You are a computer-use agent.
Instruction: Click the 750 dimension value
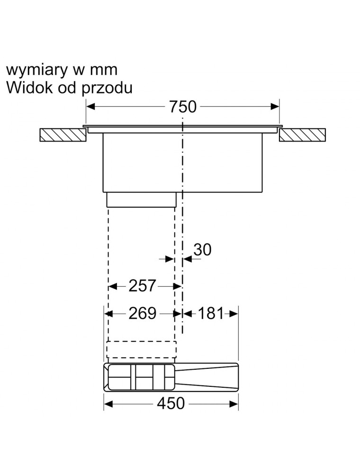(182, 107)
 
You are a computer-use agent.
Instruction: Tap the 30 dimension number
(202, 250)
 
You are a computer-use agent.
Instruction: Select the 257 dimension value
(142, 286)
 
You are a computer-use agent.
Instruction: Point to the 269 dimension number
(142, 313)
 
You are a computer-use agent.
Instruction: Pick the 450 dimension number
(171, 403)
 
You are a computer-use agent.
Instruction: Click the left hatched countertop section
(63, 135)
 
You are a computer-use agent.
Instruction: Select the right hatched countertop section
(302, 135)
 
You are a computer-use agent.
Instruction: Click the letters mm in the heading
(103, 70)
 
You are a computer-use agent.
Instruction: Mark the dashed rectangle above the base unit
(141, 350)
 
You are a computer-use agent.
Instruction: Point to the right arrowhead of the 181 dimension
(234, 313)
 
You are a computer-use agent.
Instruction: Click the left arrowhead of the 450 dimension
(108, 404)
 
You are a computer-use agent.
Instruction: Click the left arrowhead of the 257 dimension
(112, 286)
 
